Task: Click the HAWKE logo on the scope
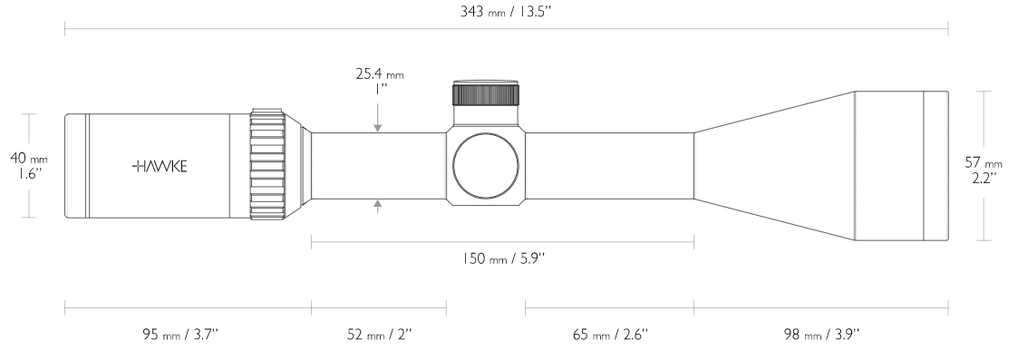coord(160,166)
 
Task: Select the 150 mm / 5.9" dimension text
coord(503,259)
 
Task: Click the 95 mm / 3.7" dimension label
coord(180,335)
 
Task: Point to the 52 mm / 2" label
coord(380,335)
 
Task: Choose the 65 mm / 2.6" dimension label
coord(610,335)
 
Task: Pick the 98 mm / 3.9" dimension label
coord(821,335)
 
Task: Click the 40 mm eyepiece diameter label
coord(29,159)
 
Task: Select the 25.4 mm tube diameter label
coord(379,74)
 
